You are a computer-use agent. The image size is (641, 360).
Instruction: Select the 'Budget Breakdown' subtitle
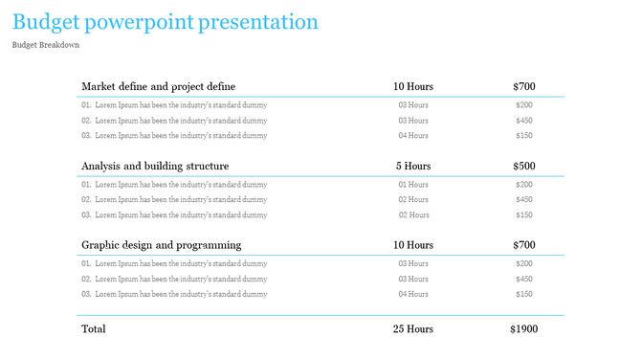click(46, 45)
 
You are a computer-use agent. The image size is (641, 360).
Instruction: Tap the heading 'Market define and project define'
click(158, 86)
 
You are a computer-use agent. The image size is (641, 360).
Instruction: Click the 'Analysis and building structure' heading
click(155, 166)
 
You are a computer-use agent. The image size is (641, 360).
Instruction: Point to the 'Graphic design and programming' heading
click(161, 245)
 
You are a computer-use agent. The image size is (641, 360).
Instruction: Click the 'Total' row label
click(94, 328)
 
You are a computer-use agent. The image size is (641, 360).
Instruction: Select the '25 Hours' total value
click(412, 328)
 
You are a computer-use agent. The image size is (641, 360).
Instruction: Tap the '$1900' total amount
click(523, 328)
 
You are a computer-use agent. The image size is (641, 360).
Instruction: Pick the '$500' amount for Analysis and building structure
click(523, 166)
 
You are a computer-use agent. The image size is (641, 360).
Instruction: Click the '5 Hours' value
click(413, 166)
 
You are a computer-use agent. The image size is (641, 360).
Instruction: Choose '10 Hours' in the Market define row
click(412, 86)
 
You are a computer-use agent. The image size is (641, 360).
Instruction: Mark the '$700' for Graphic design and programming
click(523, 245)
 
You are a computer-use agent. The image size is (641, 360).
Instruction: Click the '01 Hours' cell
click(412, 184)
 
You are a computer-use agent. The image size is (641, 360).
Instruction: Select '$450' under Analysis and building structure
click(523, 199)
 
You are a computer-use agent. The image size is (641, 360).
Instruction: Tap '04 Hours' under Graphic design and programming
click(412, 294)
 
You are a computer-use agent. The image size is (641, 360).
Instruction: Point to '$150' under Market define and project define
click(523, 135)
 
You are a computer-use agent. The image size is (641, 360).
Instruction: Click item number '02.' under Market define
click(86, 121)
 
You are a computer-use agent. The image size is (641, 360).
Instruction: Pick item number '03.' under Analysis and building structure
click(86, 214)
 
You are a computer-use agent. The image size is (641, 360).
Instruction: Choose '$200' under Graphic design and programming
click(523, 263)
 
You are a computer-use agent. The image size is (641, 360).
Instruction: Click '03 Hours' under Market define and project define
click(412, 104)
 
